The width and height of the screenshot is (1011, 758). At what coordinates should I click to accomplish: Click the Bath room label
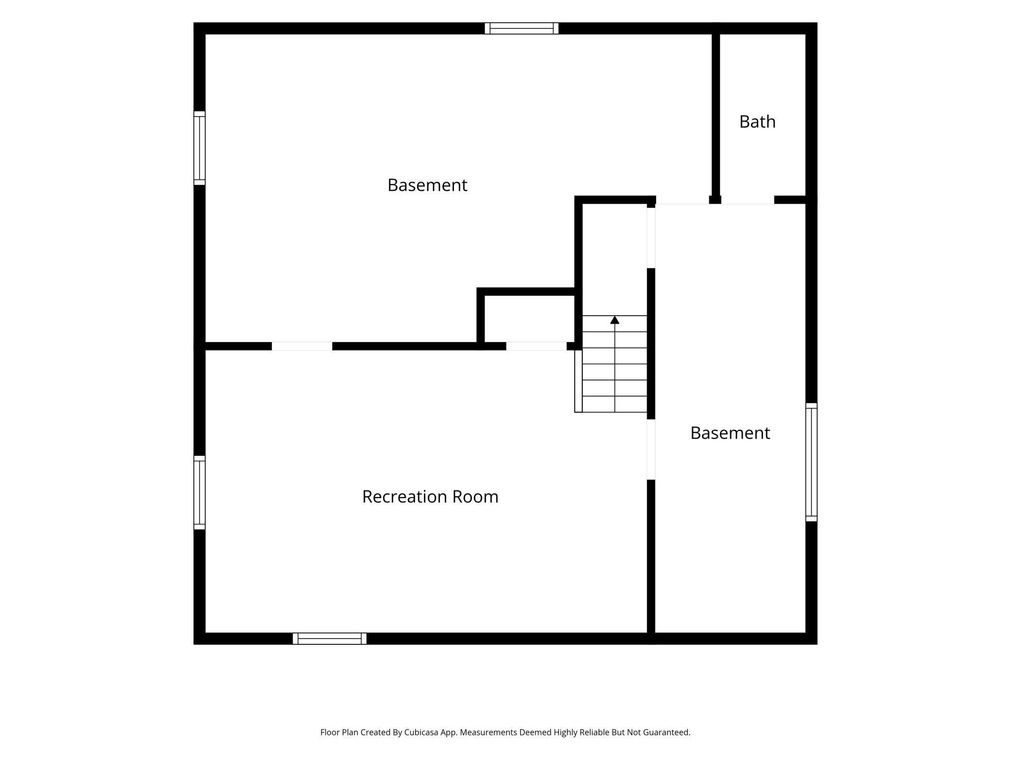pos(757,121)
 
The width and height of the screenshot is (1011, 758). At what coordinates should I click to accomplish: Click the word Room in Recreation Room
pos(475,497)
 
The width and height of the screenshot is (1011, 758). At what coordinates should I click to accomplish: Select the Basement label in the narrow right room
pos(730,433)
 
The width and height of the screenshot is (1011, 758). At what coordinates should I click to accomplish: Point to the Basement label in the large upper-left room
pos(427,185)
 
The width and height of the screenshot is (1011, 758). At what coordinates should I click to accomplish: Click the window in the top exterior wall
pos(522,28)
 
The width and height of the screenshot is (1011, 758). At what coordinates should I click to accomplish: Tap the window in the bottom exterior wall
pos(330,638)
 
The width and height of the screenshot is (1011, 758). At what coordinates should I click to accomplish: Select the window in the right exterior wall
pos(811,462)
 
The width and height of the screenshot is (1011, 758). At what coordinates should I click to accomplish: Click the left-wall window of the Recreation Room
pos(199,493)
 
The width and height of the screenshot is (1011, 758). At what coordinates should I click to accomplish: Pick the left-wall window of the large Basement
pos(199,148)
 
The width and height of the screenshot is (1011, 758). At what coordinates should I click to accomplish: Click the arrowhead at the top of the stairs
pos(615,320)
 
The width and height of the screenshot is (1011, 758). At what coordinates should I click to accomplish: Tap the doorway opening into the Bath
pos(748,200)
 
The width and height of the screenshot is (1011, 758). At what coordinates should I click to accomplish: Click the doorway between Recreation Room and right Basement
pos(651,449)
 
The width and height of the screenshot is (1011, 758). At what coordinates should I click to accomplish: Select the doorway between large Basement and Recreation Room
pos(302,346)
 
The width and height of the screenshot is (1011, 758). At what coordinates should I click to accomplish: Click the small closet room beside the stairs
pos(530,319)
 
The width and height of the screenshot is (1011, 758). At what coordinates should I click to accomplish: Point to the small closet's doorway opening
pos(537,346)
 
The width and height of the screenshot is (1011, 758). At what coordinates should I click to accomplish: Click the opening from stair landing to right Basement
pos(651,238)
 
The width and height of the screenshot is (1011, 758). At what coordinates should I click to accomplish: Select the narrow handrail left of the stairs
pos(578,381)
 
